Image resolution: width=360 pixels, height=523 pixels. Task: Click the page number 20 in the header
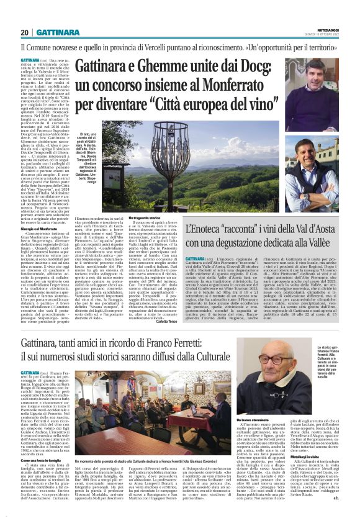24,32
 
